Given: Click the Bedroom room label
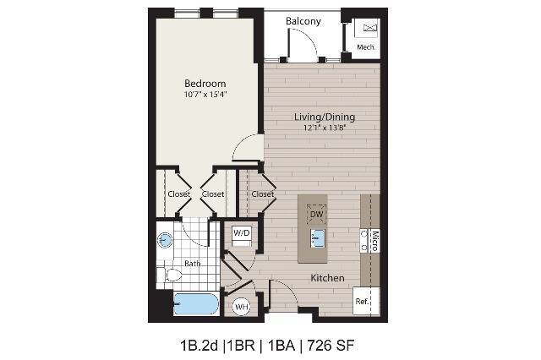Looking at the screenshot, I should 205,84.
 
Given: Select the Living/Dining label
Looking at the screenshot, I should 324,117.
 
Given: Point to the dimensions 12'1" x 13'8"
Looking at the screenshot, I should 324,128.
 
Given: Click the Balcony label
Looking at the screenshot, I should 303,21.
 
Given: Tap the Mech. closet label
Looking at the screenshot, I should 366,47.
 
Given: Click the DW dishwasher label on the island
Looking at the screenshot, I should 316,215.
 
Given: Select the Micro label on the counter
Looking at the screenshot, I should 374,240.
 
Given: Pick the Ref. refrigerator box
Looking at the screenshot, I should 362,302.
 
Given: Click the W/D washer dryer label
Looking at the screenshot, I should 241,232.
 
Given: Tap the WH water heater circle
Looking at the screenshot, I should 240,306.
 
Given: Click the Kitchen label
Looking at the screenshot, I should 325,277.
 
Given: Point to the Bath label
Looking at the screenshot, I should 193,264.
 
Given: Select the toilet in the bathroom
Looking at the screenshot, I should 172,272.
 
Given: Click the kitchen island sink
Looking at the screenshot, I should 315,237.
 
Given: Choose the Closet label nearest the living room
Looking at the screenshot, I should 263,194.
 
